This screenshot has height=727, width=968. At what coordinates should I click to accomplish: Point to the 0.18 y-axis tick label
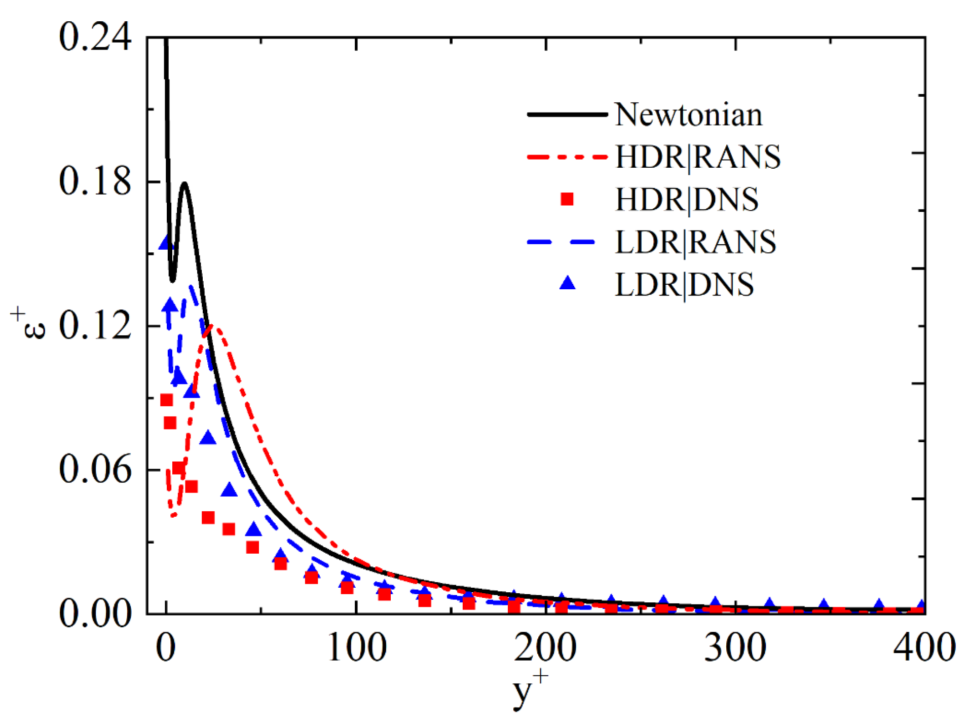pos(95,181)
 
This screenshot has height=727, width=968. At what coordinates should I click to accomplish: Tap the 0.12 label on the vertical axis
pos(95,325)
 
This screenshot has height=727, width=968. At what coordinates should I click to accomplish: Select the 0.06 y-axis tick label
pos(95,469)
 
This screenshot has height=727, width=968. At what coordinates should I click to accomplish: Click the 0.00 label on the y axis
pos(95,614)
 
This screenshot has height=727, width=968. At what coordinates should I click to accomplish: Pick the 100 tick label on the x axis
pos(356,647)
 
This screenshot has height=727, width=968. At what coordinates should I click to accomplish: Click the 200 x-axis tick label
pos(545,647)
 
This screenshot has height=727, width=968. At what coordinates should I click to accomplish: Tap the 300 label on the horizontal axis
pos(735,647)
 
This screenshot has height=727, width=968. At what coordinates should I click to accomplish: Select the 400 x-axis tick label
pos(923,647)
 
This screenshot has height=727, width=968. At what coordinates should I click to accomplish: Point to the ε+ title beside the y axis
pos(29,324)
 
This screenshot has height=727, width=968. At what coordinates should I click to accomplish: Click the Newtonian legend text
pos(688,114)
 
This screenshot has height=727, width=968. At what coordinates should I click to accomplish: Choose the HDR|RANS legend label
pos(697,157)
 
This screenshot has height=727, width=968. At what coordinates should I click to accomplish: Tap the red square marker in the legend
pos(567,199)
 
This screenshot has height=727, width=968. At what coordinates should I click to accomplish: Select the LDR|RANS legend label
pos(695,242)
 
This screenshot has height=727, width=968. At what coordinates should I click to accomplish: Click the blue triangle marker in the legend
pos(567,284)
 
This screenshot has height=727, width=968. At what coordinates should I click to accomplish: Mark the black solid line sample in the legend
pos(567,114)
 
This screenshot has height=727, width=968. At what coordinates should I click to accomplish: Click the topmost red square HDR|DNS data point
pos(166,400)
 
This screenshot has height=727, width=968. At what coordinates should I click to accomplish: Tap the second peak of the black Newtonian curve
pos(184,184)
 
